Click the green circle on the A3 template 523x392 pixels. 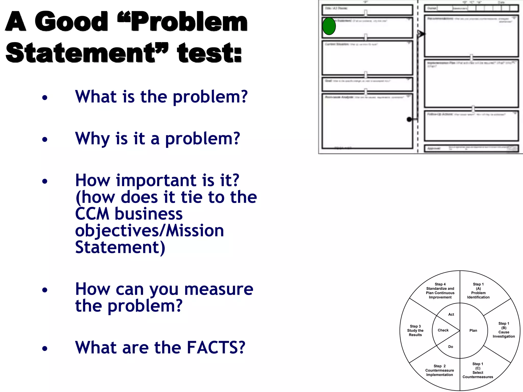pos(329,26)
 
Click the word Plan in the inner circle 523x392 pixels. pos(473,330)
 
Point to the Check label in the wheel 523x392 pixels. pos(443,330)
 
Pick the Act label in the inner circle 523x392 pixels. pos(451,314)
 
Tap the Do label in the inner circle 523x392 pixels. pos(451,347)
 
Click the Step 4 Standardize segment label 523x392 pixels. pos(440,291)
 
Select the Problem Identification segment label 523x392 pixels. pos(478,291)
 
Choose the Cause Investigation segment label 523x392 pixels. pos(504,330)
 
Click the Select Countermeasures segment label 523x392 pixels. pos(478,370)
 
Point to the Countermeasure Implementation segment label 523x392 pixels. pos(439,370)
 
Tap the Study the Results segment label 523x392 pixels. pos(415,330)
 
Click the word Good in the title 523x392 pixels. pos(71,21)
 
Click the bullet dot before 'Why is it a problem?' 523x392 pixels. pos(45,139)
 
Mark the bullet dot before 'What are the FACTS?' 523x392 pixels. pos(45,348)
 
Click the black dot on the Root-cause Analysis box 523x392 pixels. pos(409,119)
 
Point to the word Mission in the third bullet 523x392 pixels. pos(195,231)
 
